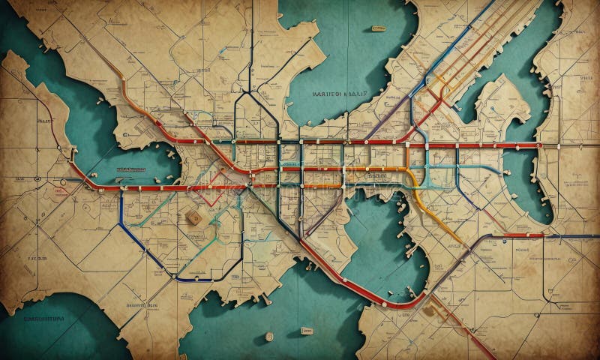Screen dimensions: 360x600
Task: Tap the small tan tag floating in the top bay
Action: coord(378,28)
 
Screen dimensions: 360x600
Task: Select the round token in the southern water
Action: coord(269,337)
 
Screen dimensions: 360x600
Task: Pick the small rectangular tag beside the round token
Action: coord(306,330)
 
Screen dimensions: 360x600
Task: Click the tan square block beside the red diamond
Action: coord(193,217)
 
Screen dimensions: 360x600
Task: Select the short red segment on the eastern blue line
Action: coord(523,235)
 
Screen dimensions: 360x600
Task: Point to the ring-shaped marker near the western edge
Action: coord(36,178)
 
